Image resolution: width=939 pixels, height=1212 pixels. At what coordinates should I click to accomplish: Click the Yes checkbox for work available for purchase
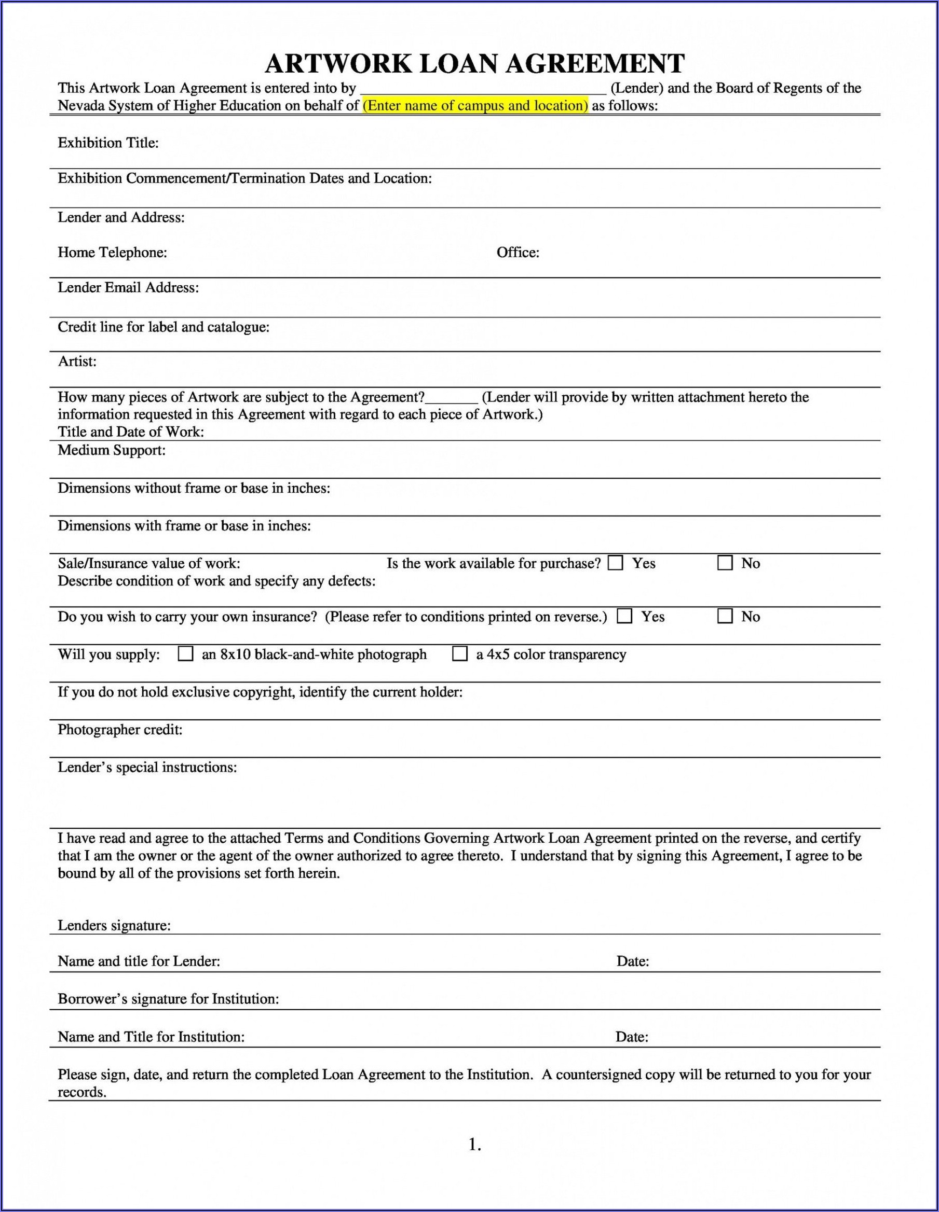pos(615,563)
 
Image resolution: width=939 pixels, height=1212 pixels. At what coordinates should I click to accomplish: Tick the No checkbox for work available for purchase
pos(725,563)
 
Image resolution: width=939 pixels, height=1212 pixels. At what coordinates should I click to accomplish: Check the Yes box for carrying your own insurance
pos(625,617)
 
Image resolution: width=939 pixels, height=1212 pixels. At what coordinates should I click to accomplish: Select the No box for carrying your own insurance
pos(725,617)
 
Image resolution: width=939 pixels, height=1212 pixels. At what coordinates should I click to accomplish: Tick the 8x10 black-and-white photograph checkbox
pos(185,654)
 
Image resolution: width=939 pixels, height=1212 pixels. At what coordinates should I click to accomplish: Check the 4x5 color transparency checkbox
pos(460,654)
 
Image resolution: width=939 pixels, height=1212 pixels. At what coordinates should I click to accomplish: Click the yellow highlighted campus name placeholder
pos(475,105)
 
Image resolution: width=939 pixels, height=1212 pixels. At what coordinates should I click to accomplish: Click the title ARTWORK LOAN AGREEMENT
pos(475,64)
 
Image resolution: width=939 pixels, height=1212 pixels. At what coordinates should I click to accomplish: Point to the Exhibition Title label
pos(108,143)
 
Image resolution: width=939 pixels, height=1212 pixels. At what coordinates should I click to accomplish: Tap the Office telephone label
pos(518,253)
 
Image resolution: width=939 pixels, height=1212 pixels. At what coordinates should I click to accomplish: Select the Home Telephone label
pos(112,253)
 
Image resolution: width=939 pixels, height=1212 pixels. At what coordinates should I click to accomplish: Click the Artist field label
pos(77,361)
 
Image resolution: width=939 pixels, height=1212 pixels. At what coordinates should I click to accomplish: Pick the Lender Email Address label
pos(128,287)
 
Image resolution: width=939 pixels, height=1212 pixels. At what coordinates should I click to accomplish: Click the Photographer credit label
pos(120,730)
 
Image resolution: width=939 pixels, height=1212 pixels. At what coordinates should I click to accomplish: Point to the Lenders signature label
pos(114,925)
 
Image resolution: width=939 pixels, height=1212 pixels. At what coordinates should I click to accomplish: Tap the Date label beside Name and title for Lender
pos(632,961)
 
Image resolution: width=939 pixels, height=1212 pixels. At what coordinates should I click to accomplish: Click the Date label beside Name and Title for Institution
pos(632,1037)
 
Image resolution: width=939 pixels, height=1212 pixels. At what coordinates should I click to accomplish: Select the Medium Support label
pos(112,450)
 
